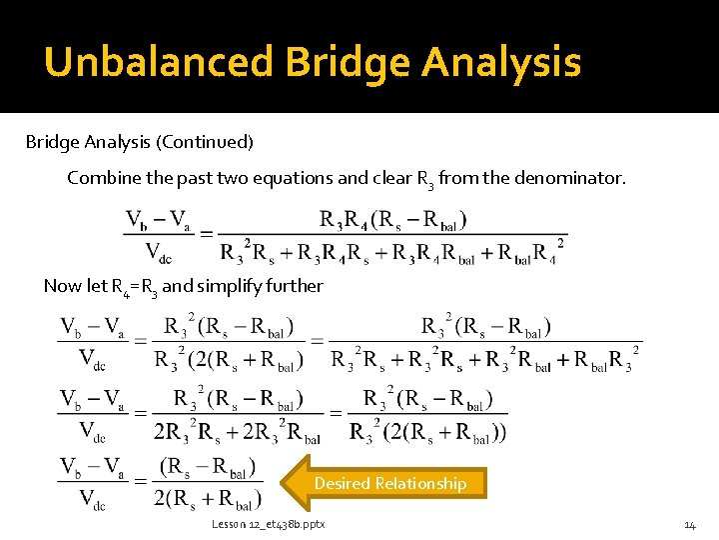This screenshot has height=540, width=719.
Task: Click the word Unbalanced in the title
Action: point(159,62)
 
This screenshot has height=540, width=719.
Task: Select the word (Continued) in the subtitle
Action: point(204,142)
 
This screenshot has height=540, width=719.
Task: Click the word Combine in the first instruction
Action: point(102,178)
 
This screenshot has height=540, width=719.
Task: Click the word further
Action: point(293,286)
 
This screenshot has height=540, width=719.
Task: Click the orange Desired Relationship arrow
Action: point(384,483)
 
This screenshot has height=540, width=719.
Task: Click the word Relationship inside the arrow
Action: point(418,483)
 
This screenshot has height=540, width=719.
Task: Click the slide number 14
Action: point(689,525)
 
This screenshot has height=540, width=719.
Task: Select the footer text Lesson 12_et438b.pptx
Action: point(268,525)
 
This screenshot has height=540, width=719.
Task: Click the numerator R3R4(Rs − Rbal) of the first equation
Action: point(393,219)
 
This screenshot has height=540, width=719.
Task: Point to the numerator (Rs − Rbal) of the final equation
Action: point(208,468)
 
